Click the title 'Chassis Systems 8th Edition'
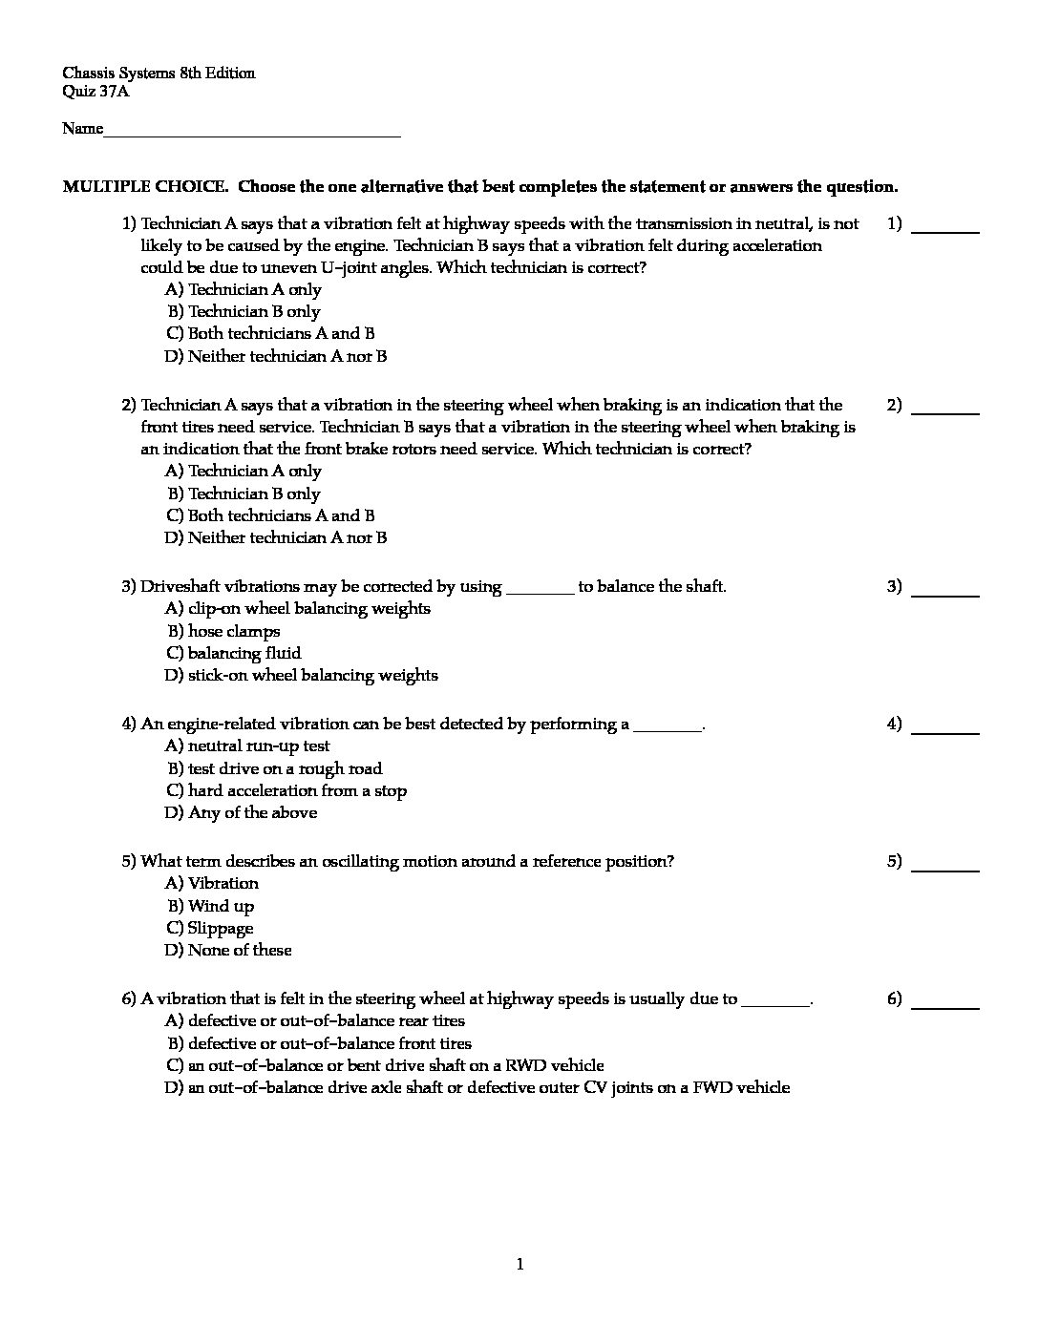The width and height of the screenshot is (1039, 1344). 159,73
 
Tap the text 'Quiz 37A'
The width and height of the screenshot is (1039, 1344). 95,92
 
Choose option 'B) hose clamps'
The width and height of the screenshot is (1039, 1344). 224,631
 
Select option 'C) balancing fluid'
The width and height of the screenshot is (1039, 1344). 234,653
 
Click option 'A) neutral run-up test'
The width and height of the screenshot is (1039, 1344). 247,745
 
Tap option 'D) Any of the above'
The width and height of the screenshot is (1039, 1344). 241,812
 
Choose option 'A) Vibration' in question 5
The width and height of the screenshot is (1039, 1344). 212,883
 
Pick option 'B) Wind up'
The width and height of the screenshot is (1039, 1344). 211,906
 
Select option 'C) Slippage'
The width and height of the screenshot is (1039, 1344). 210,928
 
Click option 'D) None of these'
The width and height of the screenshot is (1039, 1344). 228,950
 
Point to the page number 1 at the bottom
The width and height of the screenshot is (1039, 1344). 520,1265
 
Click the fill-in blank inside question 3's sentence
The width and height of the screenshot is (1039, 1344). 540,588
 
